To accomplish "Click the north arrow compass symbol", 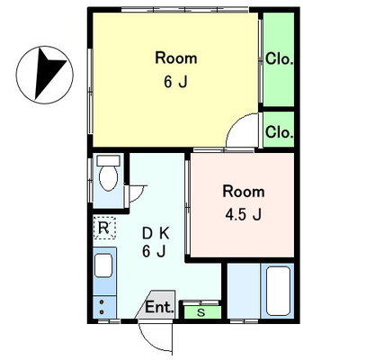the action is [x=45, y=75].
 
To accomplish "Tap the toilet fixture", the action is [x=108, y=174].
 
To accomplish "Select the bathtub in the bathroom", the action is [x=278, y=291].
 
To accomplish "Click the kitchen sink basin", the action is [x=103, y=265].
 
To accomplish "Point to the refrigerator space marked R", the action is [x=104, y=228].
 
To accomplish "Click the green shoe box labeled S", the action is [x=202, y=312].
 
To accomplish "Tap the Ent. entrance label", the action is [x=159, y=307].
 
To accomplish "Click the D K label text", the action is [x=156, y=233].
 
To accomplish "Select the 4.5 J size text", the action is [x=244, y=214].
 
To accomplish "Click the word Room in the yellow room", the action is [x=176, y=58].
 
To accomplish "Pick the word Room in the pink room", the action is [x=244, y=192].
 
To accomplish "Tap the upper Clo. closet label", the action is [x=279, y=58].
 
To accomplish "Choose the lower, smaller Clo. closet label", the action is [x=279, y=131].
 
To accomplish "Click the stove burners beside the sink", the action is [x=102, y=307].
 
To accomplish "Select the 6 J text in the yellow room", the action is [x=175, y=82].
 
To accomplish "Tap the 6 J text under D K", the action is [x=154, y=251].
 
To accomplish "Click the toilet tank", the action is [x=109, y=161].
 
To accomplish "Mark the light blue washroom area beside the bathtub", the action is [x=244, y=291].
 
